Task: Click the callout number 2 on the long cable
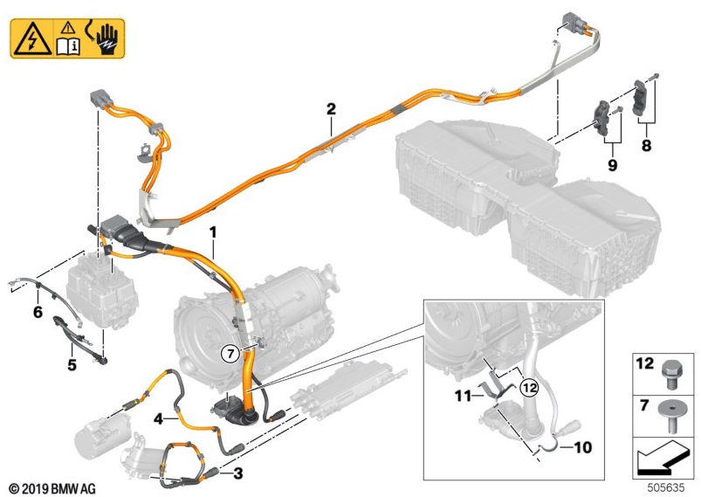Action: tap(331, 109)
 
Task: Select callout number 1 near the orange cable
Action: tap(211, 231)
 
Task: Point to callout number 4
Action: tap(159, 419)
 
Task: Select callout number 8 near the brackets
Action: tap(646, 146)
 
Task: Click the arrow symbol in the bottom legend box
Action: tap(663, 452)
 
